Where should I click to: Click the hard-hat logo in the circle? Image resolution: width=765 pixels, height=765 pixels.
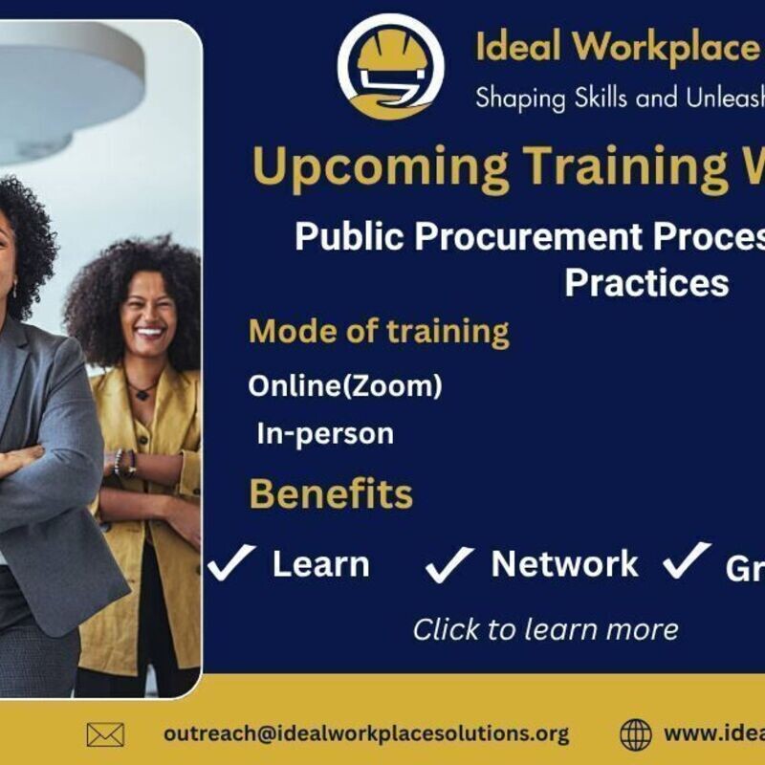(390, 67)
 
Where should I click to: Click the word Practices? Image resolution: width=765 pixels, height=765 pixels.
(646, 282)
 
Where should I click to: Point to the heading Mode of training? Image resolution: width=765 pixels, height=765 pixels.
(379, 332)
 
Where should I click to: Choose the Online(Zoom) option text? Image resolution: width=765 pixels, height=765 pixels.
(345, 385)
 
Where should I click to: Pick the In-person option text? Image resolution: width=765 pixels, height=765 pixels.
(325, 434)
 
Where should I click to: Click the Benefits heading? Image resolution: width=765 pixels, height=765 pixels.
(331, 494)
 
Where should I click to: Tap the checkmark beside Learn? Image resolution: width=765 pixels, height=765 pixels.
(231, 562)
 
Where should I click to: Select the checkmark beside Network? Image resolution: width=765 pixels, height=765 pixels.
(449, 564)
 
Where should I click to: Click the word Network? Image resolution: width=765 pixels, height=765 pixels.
(564, 564)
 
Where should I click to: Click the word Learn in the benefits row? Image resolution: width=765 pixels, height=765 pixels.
(320, 564)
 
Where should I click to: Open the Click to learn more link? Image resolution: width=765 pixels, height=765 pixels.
(545, 629)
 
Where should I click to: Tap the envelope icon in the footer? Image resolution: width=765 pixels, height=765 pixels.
(105, 734)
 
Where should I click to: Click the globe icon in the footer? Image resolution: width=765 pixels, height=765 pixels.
(636, 734)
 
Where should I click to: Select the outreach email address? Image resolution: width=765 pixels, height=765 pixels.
(366, 733)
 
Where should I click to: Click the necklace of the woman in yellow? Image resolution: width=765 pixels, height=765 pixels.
(142, 390)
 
